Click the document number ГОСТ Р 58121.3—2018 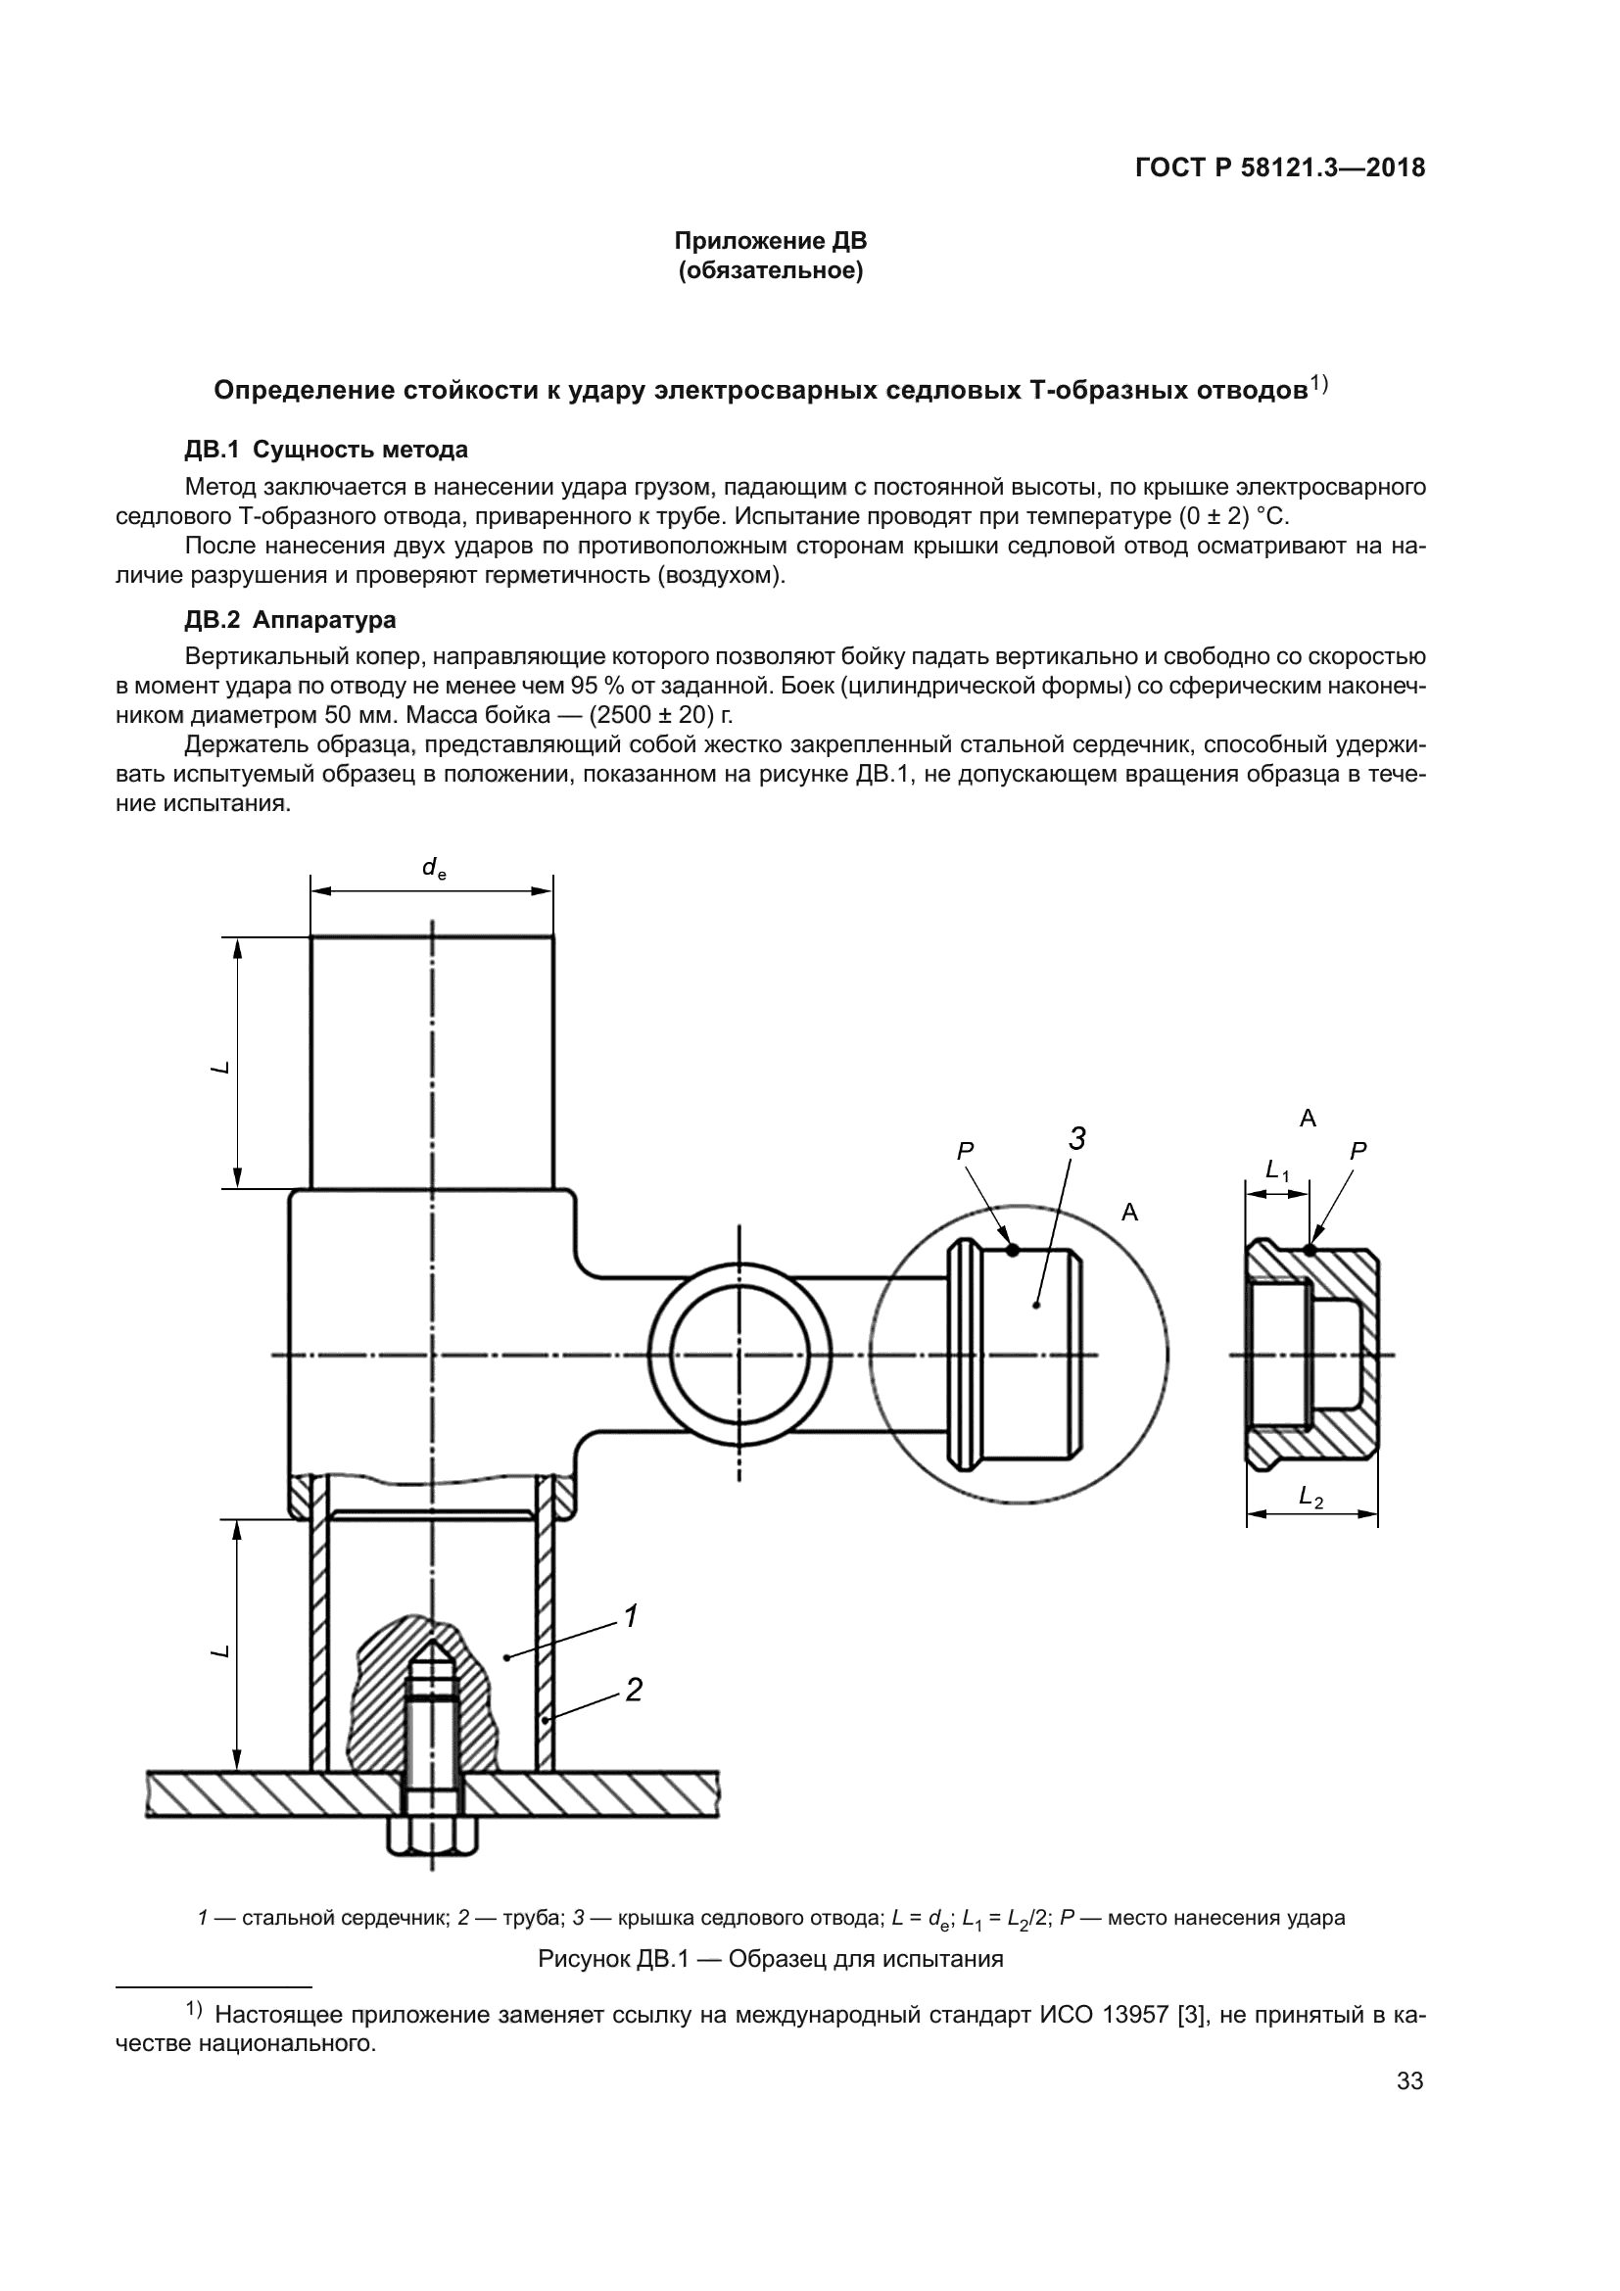[x=1280, y=167]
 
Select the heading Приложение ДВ [x=770, y=241]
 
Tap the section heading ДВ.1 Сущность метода [x=326, y=449]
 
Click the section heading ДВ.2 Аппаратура [x=290, y=620]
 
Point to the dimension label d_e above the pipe [x=433, y=868]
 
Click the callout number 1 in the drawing [x=631, y=1614]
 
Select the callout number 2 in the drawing [x=634, y=1690]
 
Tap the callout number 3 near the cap [x=1076, y=1138]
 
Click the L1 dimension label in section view [x=1277, y=1169]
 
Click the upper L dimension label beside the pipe [x=221, y=1067]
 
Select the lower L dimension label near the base [x=221, y=1651]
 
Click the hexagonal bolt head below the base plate [x=432, y=1834]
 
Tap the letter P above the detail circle [x=965, y=1151]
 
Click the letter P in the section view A [x=1358, y=1151]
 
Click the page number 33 [x=1409, y=2080]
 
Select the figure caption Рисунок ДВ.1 [x=770, y=1959]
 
